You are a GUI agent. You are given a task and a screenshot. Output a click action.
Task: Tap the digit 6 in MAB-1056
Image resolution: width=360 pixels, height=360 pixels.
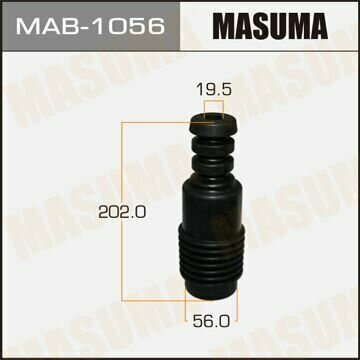point(154,28)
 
